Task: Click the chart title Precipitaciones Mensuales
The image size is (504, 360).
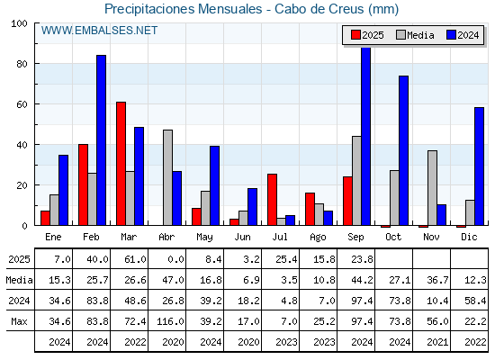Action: (184, 9)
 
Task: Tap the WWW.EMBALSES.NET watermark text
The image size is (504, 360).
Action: (99, 31)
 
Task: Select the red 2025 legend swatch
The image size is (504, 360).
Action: (355, 35)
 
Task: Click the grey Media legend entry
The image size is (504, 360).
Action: (416, 35)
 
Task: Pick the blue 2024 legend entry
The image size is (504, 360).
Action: (463, 35)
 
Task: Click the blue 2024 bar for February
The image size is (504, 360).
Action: (101, 140)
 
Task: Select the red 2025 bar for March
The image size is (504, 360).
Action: (121, 164)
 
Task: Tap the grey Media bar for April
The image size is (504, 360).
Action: (167, 177)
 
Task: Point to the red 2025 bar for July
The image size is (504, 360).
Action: (272, 200)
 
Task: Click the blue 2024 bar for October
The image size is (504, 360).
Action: (404, 150)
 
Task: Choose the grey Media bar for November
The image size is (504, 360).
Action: (433, 188)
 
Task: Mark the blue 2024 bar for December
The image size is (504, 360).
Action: (479, 166)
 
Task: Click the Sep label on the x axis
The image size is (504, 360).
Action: (355, 238)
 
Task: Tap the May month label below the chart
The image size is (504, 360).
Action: (204, 238)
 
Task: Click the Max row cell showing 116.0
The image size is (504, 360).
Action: (170, 321)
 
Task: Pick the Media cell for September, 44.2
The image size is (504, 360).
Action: (362, 280)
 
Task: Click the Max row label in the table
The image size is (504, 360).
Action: (19, 321)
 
